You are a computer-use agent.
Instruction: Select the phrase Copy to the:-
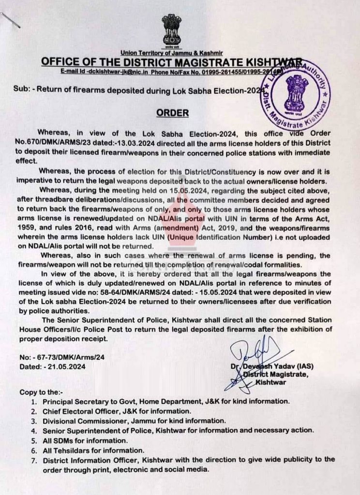[x=41, y=392]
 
